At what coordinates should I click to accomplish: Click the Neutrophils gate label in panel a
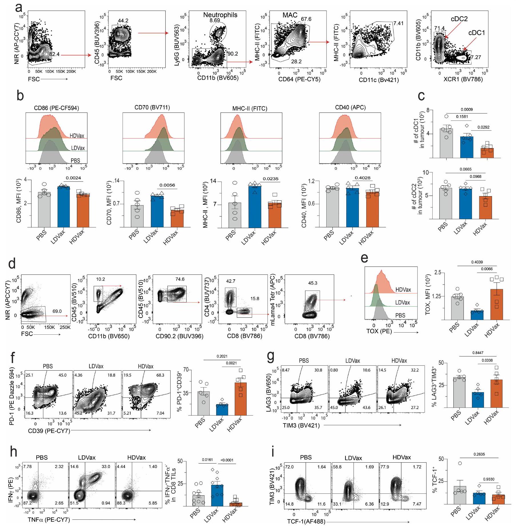click(x=220, y=15)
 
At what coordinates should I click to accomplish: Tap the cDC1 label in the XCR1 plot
click(x=476, y=33)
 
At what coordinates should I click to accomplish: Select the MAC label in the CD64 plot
click(x=290, y=15)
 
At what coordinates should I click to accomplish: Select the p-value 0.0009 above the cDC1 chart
click(x=466, y=109)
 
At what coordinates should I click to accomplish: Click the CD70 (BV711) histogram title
click(x=152, y=107)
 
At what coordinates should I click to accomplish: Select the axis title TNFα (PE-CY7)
click(x=49, y=520)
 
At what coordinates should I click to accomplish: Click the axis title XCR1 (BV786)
click(x=463, y=79)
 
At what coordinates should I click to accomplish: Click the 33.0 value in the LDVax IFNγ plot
click(x=106, y=467)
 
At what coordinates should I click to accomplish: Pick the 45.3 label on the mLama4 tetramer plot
click(x=313, y=283)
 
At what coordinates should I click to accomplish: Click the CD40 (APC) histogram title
click(x=350, y=107)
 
